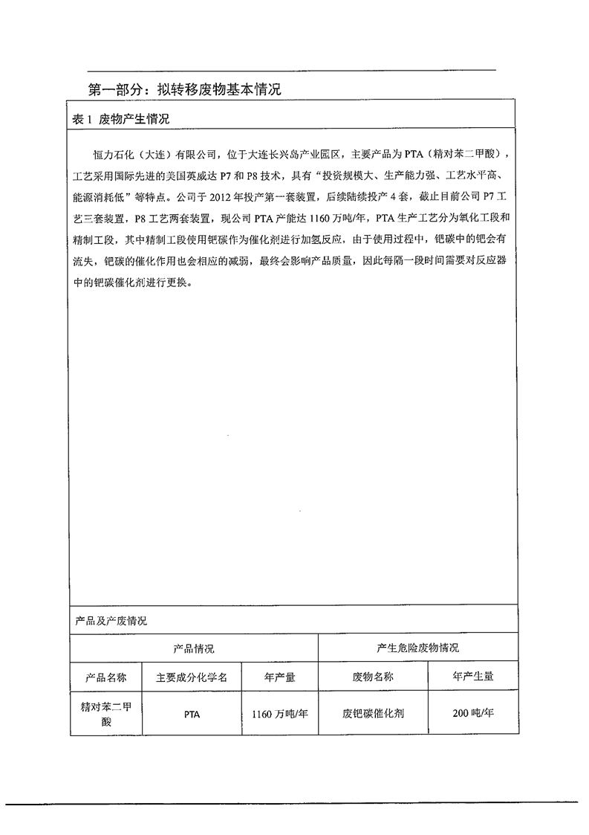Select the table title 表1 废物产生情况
click(x=121, y=119)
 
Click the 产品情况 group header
click(x=194, y=648)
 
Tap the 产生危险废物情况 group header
click(x=418, y=648)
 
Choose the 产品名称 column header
click(x=107, y=677)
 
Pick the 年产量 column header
click(x=280, y=677)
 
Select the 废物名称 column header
click(x=373, y=677)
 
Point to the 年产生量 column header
click(x=473, y=677)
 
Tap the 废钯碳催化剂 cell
click(x=373, y=714)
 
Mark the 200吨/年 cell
click(x=473, y=714)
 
